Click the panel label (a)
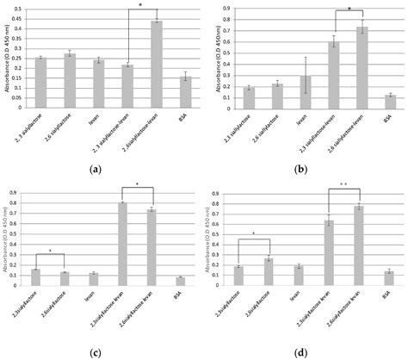tap(96, 170)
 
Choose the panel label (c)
tap(96, 351)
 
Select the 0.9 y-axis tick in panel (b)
tap(226, 9)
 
